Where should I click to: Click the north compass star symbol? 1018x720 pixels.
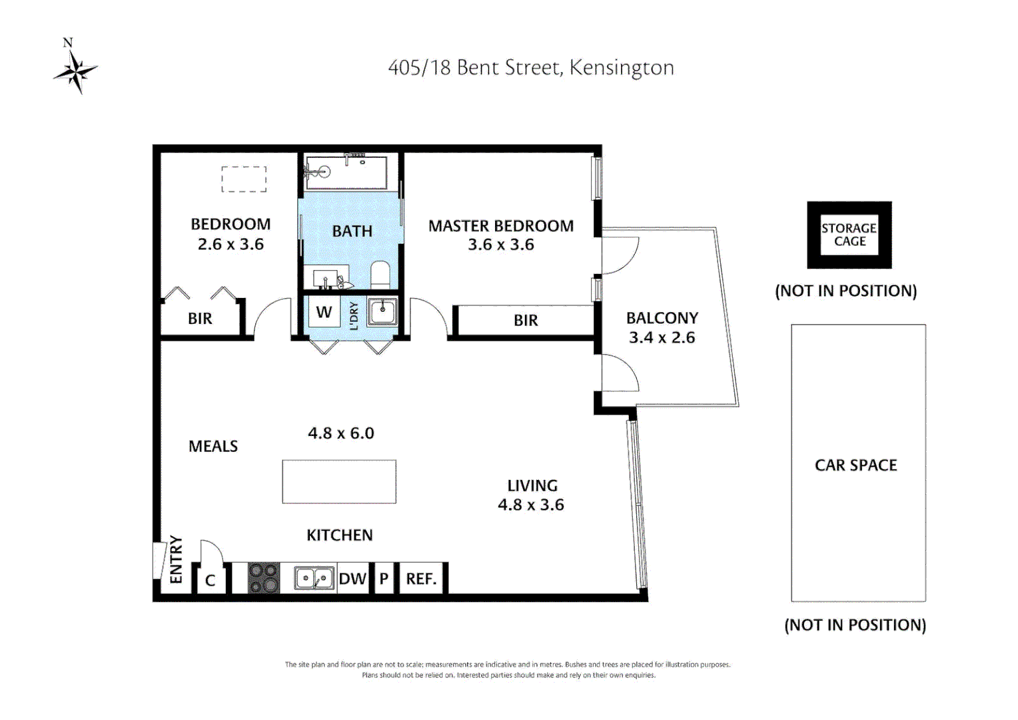pos(76,71)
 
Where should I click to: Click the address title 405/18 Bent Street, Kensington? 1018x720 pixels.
pos(531,67)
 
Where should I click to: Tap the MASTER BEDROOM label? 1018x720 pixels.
pos(500,226)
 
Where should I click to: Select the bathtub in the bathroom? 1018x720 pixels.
pos(346,172)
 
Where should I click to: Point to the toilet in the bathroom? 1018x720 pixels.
pos(380,275)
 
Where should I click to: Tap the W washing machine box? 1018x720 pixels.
pos(324,312)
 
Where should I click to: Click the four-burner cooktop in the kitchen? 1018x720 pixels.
pos(264,578)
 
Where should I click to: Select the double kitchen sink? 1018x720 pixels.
pos(314,578)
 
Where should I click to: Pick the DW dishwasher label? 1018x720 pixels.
pos(352,579)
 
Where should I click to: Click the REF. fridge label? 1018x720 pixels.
pos(421,579)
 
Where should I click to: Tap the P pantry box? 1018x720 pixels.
pos(384,579)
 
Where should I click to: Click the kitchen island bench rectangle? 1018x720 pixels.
pos(339,481)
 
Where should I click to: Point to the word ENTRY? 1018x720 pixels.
pos(176,559)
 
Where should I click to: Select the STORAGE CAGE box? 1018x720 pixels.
pos(849,235)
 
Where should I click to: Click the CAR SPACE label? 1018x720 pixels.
pos(855,465)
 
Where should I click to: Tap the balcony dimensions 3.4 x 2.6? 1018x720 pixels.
pos(662,337)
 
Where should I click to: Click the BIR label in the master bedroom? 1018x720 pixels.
pos(526,321)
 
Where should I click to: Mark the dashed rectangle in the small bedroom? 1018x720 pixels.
pos(244,179)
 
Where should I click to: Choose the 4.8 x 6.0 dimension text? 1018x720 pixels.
pos(340,433)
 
